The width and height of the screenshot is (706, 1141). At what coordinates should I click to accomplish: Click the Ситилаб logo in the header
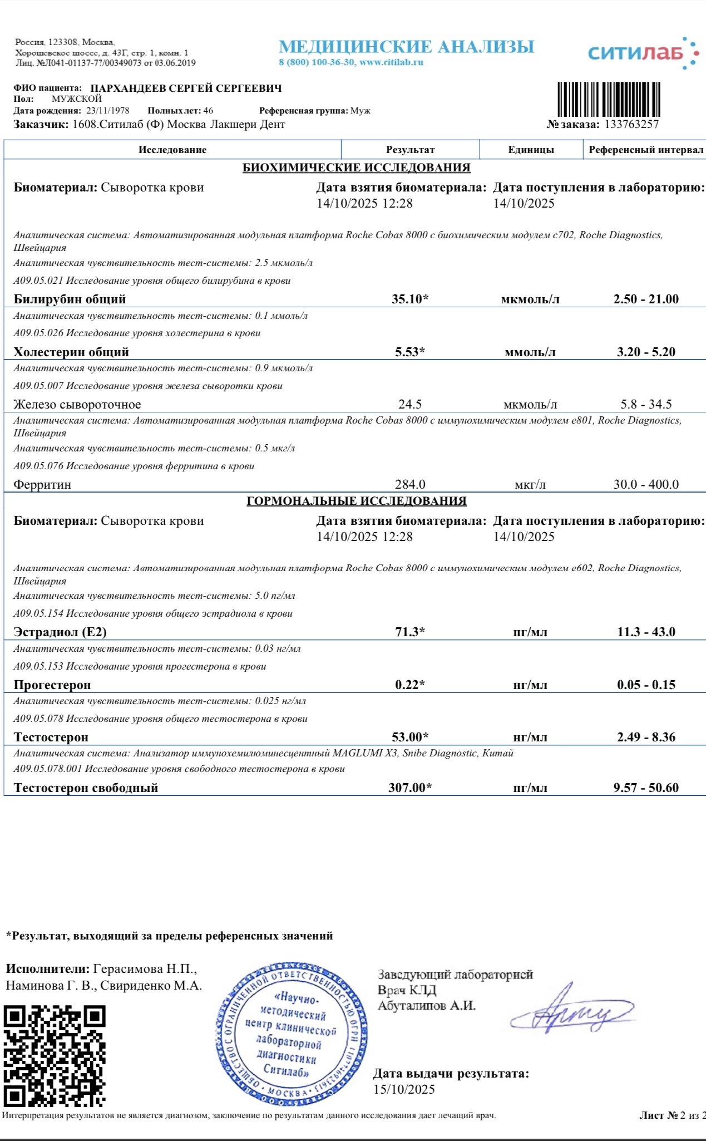[x=643, y=53]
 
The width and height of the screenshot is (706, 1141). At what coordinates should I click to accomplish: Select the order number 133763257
[x=631, y=124]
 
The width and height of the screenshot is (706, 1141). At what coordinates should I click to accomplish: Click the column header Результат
[x=410, y=150]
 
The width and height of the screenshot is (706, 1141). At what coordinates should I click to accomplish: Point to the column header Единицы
[x=531, y=150]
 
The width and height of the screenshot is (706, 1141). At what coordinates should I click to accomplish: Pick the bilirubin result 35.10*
[x=410, y=299]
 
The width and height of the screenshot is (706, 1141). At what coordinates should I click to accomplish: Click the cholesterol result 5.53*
[x=410, y=352]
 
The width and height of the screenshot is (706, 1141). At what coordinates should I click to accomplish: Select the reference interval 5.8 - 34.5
[x=646, y=405]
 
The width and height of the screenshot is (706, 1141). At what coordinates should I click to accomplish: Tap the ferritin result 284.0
[x=410, y=484]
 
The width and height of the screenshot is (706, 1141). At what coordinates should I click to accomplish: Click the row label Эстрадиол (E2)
[x=60, y=632]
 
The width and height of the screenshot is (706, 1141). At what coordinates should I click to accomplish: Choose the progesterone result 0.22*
[x=410, y=685]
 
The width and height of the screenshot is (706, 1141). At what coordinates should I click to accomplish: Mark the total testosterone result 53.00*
[x=410, y=737]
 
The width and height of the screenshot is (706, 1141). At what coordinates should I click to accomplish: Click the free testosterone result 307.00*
[x=410, y=788]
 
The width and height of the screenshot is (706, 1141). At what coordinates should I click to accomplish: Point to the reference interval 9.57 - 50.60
[x=646, y=788]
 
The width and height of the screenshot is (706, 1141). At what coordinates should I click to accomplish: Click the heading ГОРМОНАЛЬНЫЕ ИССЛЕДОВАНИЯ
[x=357, y=501]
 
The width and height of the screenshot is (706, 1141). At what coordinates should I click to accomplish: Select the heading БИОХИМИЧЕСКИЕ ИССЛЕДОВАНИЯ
[x=357, y=168]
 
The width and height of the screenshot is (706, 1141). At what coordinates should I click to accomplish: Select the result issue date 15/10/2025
[x=404, y=1089]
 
